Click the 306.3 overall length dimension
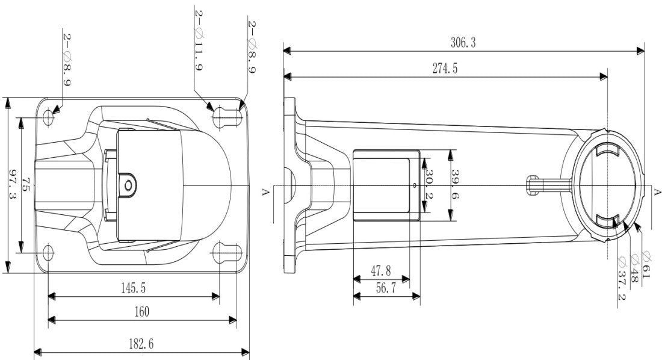[x=463, y=43]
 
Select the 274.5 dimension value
[x=445, y=68]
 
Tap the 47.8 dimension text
[x=380, y=271]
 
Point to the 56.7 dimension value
[x=385, y=288]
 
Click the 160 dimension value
[x=141, y=311]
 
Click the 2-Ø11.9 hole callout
[x=198, y=41]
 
